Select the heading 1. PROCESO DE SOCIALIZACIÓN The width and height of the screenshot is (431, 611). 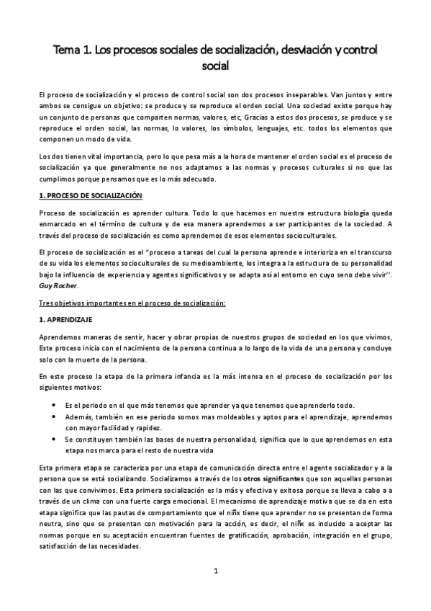[x=90, y=195]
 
